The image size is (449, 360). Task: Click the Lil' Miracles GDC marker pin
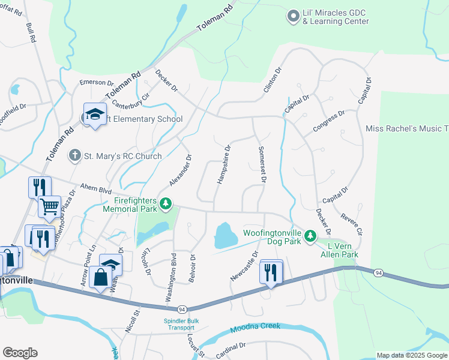293,16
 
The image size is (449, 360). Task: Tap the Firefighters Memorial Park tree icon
166,205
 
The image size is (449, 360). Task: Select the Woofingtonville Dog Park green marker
310,236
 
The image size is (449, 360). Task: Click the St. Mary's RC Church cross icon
74,156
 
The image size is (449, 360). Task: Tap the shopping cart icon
49,206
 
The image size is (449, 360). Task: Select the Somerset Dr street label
262,164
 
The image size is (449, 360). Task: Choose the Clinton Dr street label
272,80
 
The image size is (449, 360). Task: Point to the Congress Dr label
328,122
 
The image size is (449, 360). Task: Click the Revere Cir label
350,222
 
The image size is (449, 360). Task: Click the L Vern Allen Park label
342,250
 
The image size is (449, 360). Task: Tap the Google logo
20,353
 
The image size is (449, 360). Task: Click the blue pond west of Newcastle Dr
222,235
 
